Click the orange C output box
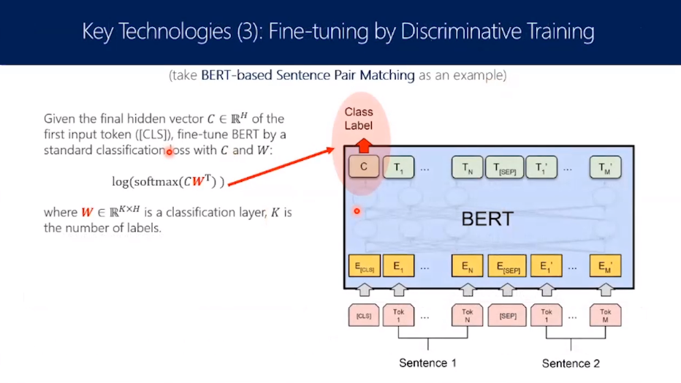coord(364,168)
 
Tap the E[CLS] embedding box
coord(363,266)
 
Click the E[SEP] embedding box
coord(506,266)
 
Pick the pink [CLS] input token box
coord(363,315)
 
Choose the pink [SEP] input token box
coord(506,315)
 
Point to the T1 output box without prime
coord(398,168)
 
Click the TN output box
coord(467,168)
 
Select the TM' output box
coord(606,168)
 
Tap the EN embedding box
coord(467,266)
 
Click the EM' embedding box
coord(606,266)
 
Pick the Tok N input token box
coord(467,315)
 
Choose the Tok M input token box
coord(606,315)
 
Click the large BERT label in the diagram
coord(487,219)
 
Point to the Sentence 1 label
coord(427,363)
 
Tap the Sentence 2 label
coord(570,363)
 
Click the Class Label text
coord(359,118)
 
